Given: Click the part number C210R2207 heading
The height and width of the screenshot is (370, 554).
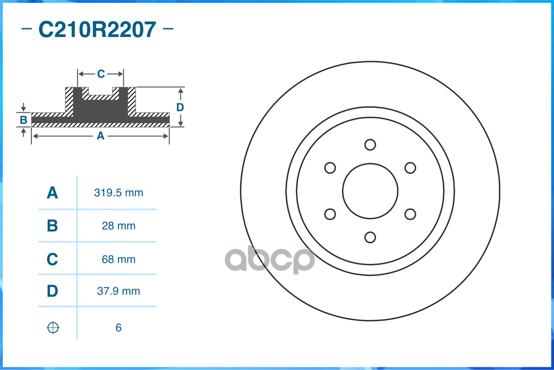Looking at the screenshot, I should tap(97, 30).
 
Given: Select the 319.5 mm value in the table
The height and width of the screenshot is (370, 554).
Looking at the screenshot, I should tap(118, 193).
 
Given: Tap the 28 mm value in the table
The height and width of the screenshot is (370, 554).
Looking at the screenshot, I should tap(118, 226).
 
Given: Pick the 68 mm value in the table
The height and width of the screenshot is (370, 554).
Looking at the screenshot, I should tap(118, 259).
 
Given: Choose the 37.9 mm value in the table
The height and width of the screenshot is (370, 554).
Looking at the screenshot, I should tap(118, 291).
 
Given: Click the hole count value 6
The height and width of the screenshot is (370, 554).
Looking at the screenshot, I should tap(118, 328).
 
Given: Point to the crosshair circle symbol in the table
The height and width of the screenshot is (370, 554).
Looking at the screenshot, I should tap(53, 328).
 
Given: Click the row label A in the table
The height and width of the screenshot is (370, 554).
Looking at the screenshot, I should tap(52, 193).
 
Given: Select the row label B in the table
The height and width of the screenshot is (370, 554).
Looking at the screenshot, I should tap(52, 226).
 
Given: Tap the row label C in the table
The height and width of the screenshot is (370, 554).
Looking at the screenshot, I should tap(52, 259).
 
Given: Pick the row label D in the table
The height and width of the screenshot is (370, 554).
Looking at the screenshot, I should tap(52, 291).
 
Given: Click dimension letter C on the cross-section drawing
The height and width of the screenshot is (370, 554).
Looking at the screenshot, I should tap(101, 74).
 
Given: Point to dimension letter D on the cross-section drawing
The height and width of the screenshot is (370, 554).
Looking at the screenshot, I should tap(180, 107).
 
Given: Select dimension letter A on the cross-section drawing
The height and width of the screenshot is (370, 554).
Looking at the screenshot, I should tap(100, 136).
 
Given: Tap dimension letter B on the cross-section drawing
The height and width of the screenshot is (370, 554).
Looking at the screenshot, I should tap(24, 120).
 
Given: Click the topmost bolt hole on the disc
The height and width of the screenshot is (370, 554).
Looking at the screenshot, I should tap(370, 145).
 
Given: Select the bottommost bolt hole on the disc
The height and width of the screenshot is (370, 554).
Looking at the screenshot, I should tap(370, 237).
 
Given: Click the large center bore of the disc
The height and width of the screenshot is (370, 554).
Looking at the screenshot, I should tap(370, 191).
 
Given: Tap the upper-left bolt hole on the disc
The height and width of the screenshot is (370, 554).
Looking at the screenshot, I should tap(330, 168).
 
